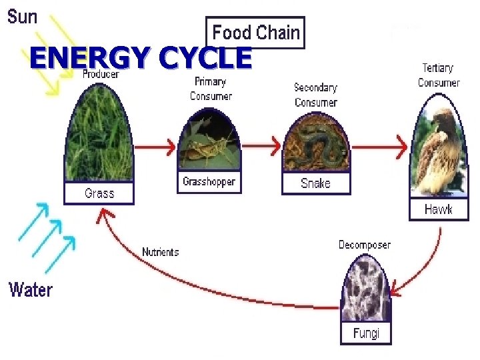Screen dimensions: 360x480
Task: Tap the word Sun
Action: click(x=23, y=17)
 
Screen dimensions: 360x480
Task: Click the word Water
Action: click(x=30, y=290)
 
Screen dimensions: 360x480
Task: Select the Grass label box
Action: click(x=99, y=193)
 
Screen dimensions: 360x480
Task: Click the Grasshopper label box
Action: click(x=209, y=182)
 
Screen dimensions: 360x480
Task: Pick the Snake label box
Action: click(x=315, y=183)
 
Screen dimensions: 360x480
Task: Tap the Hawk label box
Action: click(x=438, y=209)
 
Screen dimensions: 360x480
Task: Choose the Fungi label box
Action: click(x=365, y=332)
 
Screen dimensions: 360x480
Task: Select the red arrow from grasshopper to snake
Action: click(x=261, y=145)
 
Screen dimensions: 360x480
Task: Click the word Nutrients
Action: click(x=160, y=252)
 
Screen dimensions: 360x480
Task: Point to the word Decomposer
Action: click(x=365, y=245)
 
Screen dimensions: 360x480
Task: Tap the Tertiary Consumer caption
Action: click(x=438, y=75)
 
